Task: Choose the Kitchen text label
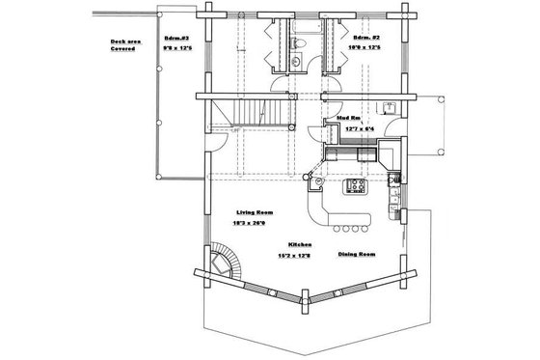(x=300, y=245)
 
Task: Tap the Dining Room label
(x=357, y=255)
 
